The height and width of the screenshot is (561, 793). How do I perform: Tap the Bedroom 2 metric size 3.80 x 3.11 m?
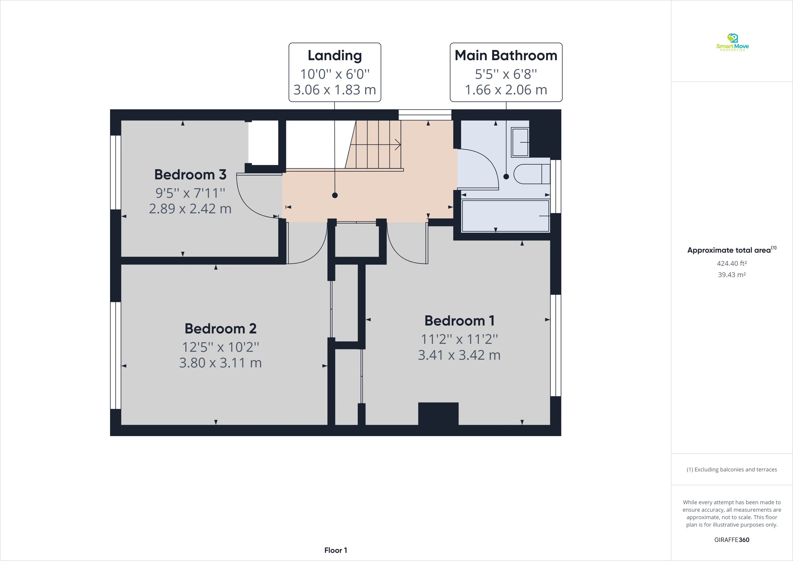tap(220, 363)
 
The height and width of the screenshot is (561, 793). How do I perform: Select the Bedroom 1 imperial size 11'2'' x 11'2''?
tap(459, 339)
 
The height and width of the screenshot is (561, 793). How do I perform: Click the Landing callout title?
tap(335, 55)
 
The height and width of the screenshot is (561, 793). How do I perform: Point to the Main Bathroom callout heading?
tap(506, 55)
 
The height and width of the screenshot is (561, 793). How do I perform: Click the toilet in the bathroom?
tap(531, 174)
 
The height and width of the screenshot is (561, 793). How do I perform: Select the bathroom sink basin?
tap(520, 142)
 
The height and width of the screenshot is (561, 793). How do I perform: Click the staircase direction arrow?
tap(398, 145)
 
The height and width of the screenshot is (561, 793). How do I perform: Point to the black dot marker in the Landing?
tap(335, 195)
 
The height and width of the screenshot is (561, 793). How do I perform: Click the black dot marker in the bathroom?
tap(506, 177)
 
